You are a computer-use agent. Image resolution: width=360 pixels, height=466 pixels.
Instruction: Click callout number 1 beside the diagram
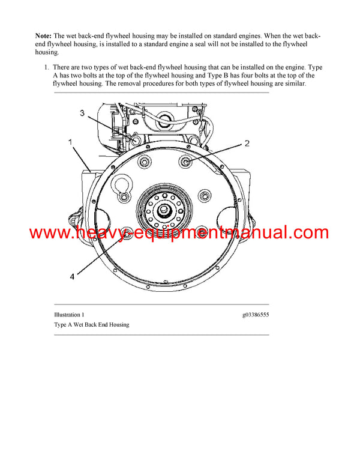pos(70,142)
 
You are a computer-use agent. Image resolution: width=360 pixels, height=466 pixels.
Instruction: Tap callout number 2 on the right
pos(246,144)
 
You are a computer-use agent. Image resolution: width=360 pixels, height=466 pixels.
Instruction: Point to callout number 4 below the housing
pos(73,277)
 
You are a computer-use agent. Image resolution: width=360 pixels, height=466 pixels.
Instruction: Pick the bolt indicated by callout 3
pos(133,140)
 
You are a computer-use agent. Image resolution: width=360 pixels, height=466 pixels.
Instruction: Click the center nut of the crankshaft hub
pos(164,211)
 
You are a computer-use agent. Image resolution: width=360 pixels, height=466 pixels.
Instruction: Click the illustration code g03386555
pos(256,315)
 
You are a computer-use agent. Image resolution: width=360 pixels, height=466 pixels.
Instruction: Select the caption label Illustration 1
pos(69,315)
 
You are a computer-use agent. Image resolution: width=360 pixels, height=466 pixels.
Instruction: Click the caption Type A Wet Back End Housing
pos(91,325)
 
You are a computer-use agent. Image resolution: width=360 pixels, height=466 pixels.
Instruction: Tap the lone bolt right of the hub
pos(206,197)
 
